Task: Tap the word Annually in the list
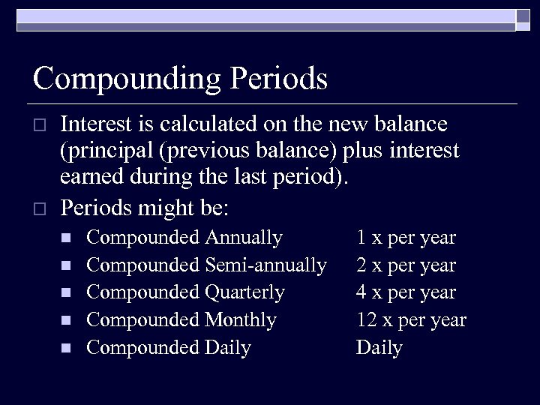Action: (x=243, y=238)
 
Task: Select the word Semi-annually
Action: (x=265, y=265)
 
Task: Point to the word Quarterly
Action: (x=244, y=292)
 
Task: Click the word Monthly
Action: (x=240, y=320)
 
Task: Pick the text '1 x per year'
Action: (x=406, y=238)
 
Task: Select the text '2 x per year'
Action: (x=406, y=265)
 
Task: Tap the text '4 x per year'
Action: (x=406, y=292)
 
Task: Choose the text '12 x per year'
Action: (x=411, y=320)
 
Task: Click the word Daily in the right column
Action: (x=379, y=348)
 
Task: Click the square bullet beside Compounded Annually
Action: (x=65, y=238)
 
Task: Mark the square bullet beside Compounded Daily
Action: (x=65, y=348)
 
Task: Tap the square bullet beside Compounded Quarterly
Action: (x=65, y=293)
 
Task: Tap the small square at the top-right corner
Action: (x=523, y=19)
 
